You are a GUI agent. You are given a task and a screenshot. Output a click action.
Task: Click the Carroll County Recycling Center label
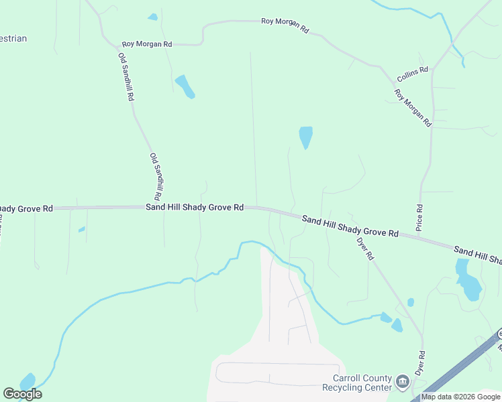pos(356,383)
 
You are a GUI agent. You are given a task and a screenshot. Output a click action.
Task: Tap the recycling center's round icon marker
pos(402,383)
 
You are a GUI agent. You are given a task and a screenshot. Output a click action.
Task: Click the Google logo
pos(22,394)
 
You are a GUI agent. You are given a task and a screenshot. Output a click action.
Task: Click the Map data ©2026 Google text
pos(460,397)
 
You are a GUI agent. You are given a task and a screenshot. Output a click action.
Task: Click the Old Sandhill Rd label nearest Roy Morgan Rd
pos(125,76)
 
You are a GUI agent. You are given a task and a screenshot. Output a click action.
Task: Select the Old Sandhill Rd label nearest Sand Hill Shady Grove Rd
pos(156,177)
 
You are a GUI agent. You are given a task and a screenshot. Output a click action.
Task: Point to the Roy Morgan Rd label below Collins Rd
pos(412,108)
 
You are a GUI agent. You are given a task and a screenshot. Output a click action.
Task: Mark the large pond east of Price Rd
pos(468,279)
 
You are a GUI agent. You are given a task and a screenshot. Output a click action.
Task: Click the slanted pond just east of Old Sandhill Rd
pos(185,86)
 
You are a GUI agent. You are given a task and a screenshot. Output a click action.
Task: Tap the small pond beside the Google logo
pos(28,381)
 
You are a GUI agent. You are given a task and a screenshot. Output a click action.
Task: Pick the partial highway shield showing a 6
pos(499,334)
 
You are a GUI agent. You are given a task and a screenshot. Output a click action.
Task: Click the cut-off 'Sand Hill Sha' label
pos(477,255)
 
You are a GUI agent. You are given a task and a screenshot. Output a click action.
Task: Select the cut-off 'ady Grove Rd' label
pos(26,209)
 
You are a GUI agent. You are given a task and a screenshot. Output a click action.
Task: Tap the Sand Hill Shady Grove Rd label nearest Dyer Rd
pos(350,227)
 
